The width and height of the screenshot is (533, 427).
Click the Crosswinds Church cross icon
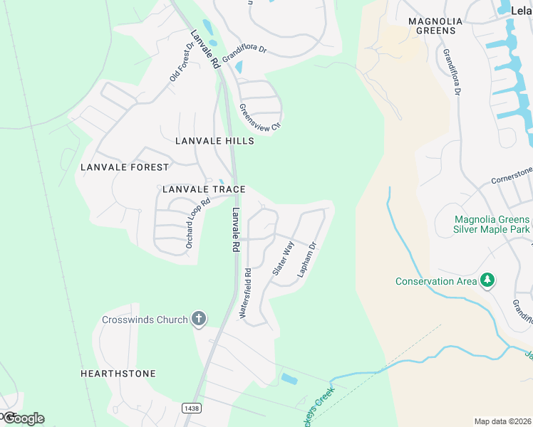[x=199, y=320]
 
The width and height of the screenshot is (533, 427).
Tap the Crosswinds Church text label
[x=145, y=320]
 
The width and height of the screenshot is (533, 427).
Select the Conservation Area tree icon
[x=487, y=280]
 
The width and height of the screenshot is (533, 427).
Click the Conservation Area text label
[x=436, y=281]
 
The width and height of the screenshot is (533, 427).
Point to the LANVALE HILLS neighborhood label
[x=214, y=141]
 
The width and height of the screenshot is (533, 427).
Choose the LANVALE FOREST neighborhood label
[x=125, y=167]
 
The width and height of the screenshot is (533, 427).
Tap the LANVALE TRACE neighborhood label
[x=204, y=189]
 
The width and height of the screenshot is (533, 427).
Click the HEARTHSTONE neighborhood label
[x=118, y=374]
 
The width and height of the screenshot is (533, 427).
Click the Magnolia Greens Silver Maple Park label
[x=491, y=224]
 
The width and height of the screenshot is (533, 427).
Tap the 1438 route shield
[x=191, y=408]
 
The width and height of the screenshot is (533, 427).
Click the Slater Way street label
[x=283, y=259]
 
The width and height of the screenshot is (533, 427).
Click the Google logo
[x=23, y=418]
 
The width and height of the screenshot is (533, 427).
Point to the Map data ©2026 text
[x=503, y=421]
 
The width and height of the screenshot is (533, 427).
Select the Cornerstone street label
[x=512, y=175]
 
